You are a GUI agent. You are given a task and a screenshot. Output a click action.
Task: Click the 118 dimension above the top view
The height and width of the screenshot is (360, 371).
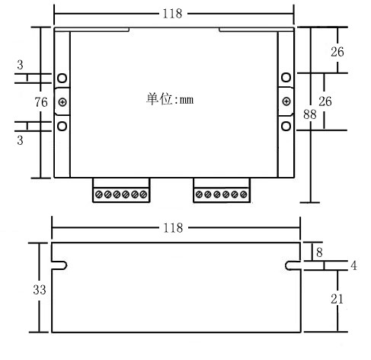174,13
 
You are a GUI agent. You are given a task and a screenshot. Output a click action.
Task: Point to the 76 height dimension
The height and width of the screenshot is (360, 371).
41,101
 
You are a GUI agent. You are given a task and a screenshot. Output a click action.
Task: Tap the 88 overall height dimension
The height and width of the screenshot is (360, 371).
310,114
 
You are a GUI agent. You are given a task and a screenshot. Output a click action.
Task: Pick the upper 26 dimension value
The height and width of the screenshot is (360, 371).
337,52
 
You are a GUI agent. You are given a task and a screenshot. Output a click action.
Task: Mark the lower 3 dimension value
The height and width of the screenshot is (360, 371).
20,140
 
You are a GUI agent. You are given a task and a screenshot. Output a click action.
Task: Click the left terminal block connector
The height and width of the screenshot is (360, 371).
121,191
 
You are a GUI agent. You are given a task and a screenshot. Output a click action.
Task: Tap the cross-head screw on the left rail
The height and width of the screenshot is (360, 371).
62,102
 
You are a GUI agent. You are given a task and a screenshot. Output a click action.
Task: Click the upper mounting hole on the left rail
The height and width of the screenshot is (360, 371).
62,79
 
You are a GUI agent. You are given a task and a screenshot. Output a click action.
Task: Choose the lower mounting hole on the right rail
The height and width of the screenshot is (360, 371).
286,125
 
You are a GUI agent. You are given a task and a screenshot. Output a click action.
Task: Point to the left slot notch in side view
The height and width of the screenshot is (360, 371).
61,265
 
